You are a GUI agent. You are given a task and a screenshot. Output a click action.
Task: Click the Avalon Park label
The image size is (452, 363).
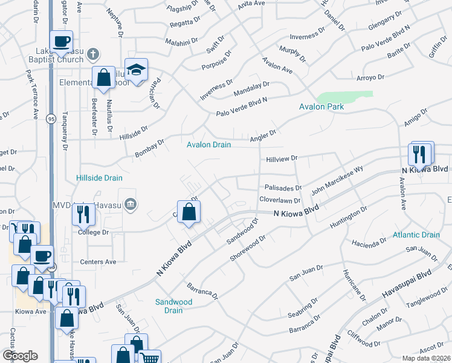click(321, 107)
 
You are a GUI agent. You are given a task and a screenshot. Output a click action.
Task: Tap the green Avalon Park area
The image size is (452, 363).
click(344, 96)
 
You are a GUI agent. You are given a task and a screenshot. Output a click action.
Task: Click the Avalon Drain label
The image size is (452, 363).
click(208, 145)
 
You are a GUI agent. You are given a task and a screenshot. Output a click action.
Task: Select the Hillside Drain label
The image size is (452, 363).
click(100, 178)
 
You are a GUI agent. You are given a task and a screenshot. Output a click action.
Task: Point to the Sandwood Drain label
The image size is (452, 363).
click(173, 306)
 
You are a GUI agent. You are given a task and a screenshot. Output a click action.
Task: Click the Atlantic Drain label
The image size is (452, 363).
click(416, 235)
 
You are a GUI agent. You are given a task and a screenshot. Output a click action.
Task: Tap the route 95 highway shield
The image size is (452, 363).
click(51, 120)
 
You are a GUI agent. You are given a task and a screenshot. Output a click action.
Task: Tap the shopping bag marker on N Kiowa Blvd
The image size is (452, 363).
click(189, 212)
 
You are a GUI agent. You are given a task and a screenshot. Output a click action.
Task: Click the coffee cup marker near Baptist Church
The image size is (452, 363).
click(60, 42)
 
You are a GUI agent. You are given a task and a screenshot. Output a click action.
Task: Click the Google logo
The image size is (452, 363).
click(19, 356)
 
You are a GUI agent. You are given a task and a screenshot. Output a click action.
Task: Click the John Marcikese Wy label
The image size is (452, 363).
click(337, 181)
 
